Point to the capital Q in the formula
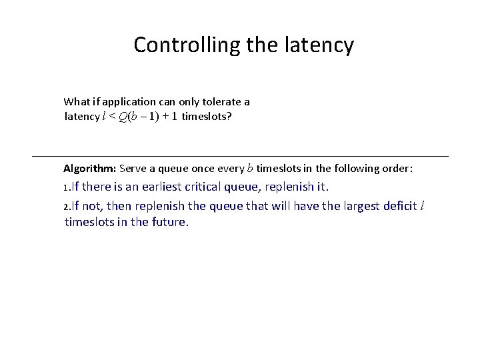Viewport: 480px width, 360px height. coord(125,117)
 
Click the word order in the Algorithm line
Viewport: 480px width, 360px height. coord(399,168)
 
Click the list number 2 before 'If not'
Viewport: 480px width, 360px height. coord(66,207)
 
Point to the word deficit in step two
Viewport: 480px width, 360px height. coord(401,205)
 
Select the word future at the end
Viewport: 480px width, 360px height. coord(169,222)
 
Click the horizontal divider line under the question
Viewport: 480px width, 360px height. coord(240,156)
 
